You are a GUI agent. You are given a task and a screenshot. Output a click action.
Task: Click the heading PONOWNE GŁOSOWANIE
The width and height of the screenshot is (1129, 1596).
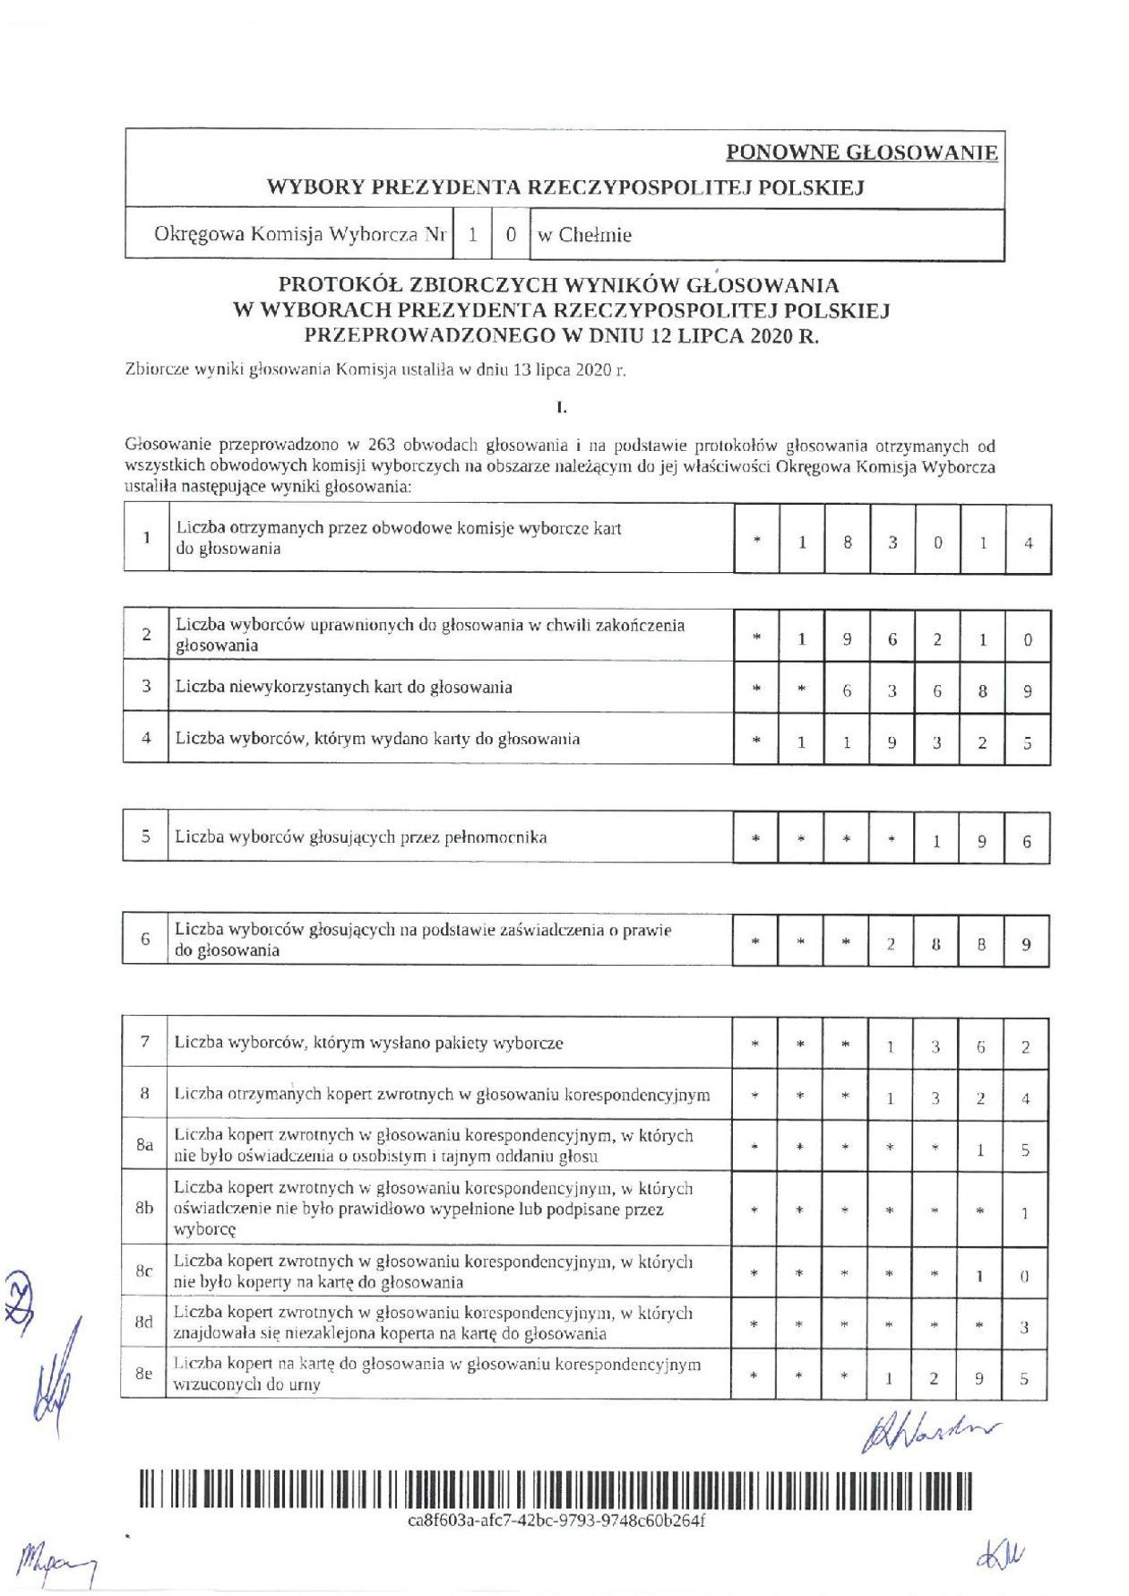click(861, 152)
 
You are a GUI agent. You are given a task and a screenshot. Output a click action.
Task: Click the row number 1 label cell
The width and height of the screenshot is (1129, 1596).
click(146, 538)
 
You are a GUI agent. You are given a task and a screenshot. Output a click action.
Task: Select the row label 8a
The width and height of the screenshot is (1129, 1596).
click(144, 1145)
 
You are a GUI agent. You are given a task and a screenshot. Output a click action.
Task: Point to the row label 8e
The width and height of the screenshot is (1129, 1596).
click(143, 1373)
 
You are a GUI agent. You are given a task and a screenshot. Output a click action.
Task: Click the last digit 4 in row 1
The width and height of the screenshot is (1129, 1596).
click(1028, 542)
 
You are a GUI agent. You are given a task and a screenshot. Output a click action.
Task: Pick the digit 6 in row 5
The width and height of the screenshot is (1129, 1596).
click(1026, 841)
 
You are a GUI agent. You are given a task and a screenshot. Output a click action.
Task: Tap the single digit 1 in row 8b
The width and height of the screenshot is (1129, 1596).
click(1025, 1213)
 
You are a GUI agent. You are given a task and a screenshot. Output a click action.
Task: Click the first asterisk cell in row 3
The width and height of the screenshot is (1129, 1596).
click(756, 690)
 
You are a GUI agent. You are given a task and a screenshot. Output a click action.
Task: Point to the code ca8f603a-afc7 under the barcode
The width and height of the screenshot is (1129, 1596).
click(556, 1522)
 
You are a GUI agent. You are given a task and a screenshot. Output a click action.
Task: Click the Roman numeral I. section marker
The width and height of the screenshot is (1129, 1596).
click(562, 408)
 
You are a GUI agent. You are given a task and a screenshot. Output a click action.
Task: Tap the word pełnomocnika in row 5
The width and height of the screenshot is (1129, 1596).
click(490, 837)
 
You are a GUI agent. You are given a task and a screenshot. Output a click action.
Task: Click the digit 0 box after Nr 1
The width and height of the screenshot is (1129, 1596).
click(511, 235)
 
